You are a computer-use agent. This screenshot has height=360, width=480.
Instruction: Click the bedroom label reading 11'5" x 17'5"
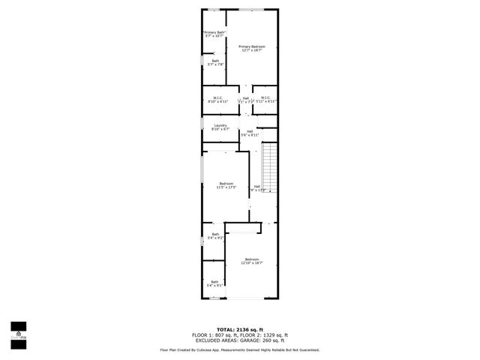point(226,185)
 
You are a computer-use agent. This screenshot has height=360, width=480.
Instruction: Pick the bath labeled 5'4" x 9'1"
point(215,283)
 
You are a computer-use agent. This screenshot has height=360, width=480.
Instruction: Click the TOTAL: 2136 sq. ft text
point(240,329)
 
